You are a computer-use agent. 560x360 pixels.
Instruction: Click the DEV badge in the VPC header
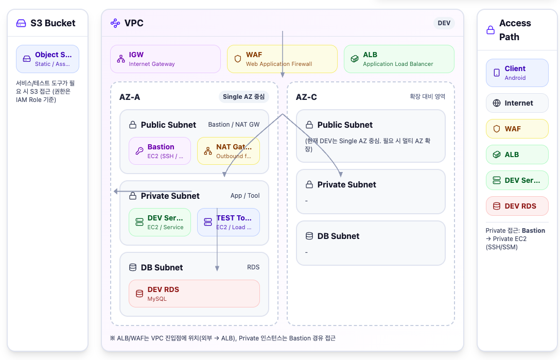(444, 23)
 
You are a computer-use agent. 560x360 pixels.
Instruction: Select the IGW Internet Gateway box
(166, 59)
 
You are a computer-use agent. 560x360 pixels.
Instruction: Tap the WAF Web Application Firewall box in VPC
(282, 59)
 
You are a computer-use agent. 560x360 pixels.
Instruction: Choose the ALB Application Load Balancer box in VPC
(399, 59)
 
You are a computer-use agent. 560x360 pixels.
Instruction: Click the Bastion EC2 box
(160, 151)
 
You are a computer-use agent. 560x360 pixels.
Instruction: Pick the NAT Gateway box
(229, 151)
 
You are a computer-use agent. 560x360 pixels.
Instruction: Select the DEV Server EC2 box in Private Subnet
(160, 222)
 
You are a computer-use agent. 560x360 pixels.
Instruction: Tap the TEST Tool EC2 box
(229, 222)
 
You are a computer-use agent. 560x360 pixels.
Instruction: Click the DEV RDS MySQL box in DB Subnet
(194, 294)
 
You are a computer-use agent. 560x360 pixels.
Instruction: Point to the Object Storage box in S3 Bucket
(47, 59)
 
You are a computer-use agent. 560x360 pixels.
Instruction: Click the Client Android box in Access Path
(517, 73)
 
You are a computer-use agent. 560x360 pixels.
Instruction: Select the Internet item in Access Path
(517, 103)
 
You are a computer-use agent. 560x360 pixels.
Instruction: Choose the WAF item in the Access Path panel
(517, 129)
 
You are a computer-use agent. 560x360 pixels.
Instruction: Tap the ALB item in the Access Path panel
(517, 155)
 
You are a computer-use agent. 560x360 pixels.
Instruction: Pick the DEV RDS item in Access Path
(517, 206)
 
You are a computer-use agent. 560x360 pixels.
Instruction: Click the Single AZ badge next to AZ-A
(243, 97)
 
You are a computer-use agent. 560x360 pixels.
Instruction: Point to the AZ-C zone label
(306, 97)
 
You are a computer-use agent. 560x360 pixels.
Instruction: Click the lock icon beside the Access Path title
(491, 30)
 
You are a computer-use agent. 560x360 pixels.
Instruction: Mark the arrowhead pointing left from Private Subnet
(116, 192)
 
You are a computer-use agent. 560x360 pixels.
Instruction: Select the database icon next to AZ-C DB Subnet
(309, 236)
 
